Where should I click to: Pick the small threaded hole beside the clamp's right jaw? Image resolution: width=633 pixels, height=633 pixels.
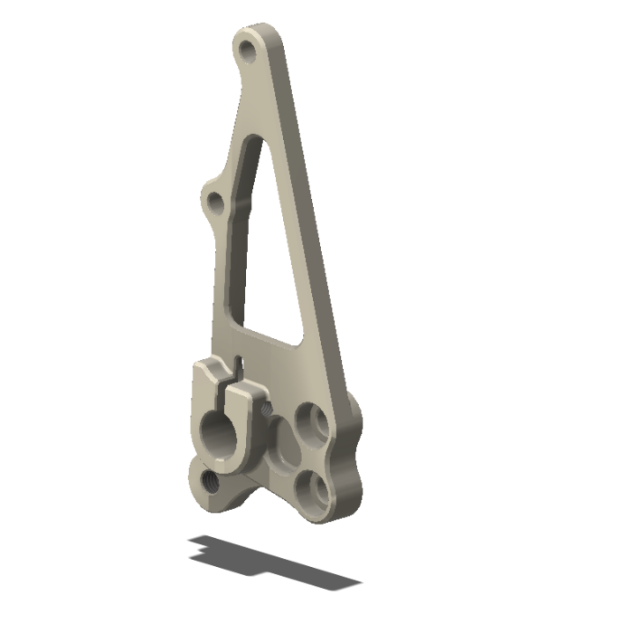267,409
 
